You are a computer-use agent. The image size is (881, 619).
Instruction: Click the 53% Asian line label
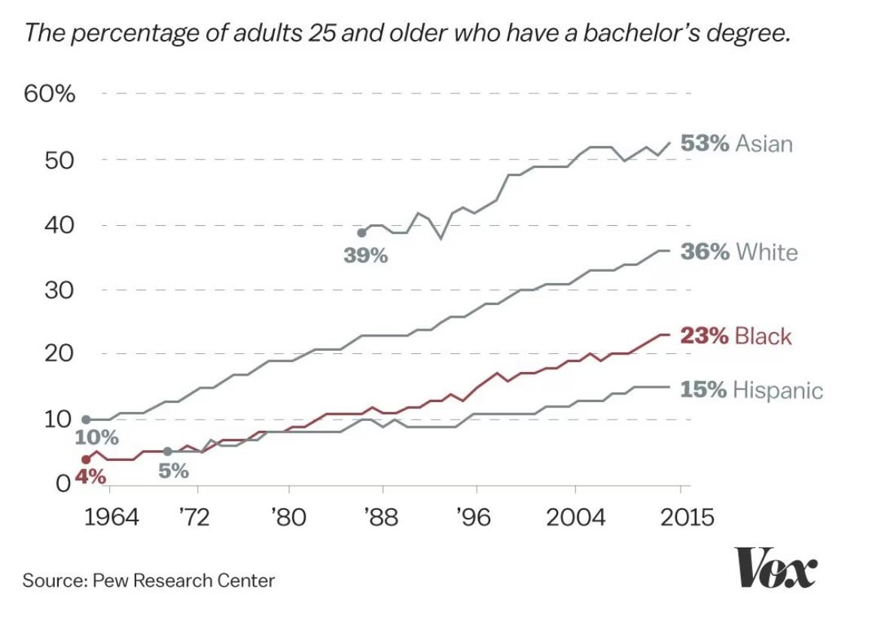tap(736, 143)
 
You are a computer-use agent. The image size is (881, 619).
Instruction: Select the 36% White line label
tap(738, 251)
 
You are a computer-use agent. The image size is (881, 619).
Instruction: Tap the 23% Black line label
tap(736, 335)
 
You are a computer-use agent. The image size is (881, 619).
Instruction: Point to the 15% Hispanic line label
tap(751, 389)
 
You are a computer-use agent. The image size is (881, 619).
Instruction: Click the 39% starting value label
tap(366, 256)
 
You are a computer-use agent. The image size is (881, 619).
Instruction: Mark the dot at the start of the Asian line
tap(361, 233)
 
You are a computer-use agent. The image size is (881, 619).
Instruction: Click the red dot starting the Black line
tap(86, 459)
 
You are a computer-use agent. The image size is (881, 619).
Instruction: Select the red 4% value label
tap(90, 477)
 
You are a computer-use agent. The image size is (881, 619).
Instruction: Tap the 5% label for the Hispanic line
tap(174, 472)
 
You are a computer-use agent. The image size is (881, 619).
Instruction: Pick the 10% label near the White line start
tap(96, 437)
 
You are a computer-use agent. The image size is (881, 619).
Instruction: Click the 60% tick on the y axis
tap(50, 95)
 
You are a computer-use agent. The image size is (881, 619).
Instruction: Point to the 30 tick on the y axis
tap(59, 290)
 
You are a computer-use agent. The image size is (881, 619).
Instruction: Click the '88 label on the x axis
tap(381, 518)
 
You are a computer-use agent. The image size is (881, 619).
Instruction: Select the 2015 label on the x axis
tap(681, 518)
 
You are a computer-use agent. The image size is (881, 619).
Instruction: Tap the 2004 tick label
tap(575, 518)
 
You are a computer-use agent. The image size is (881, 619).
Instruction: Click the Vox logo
tap(775, 569)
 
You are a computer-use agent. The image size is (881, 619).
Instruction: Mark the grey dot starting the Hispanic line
tap(167, 451)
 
